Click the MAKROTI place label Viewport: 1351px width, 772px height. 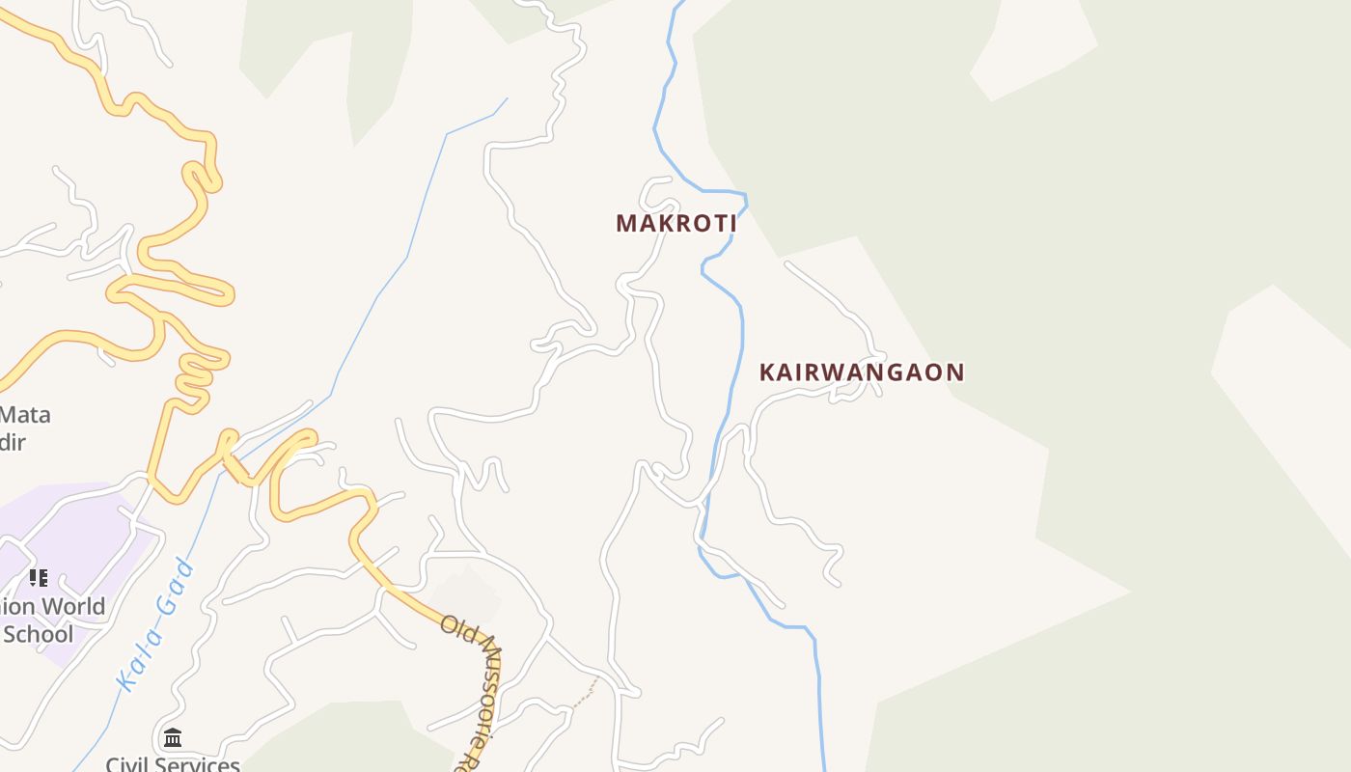click(x=676, y=223)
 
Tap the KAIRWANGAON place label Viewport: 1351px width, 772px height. click(x=862, y=372)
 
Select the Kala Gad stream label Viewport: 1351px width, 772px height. click(x=154, y=624)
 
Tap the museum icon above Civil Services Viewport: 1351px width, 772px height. click(x=173, y=738)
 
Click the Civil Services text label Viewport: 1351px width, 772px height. click(x=173, y=764)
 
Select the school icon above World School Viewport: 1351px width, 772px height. click(x=38, y=578)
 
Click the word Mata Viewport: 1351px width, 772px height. click(x=25, y=415)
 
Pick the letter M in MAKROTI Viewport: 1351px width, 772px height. click(x=625, y=223)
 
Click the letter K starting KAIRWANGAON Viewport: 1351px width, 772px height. click(x=768, y=372)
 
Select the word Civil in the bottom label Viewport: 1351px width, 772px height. click(x=126, y=764)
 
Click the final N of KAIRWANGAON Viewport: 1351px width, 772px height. click(x=954, y=372)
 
